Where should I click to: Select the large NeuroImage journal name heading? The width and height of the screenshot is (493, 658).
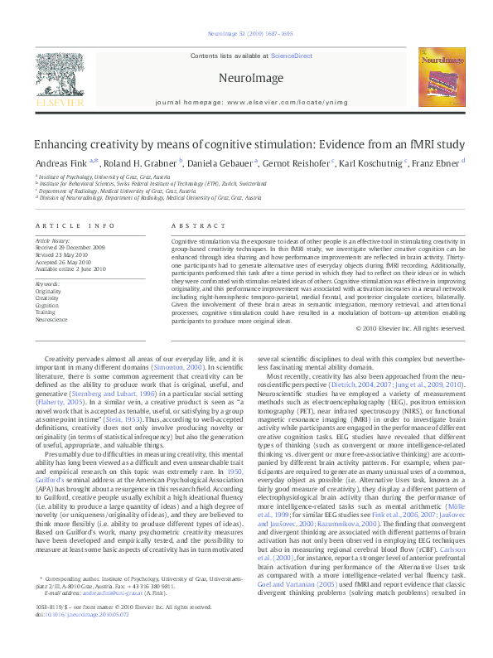point(245,77)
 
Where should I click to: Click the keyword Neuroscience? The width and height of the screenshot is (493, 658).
point(51,319)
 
